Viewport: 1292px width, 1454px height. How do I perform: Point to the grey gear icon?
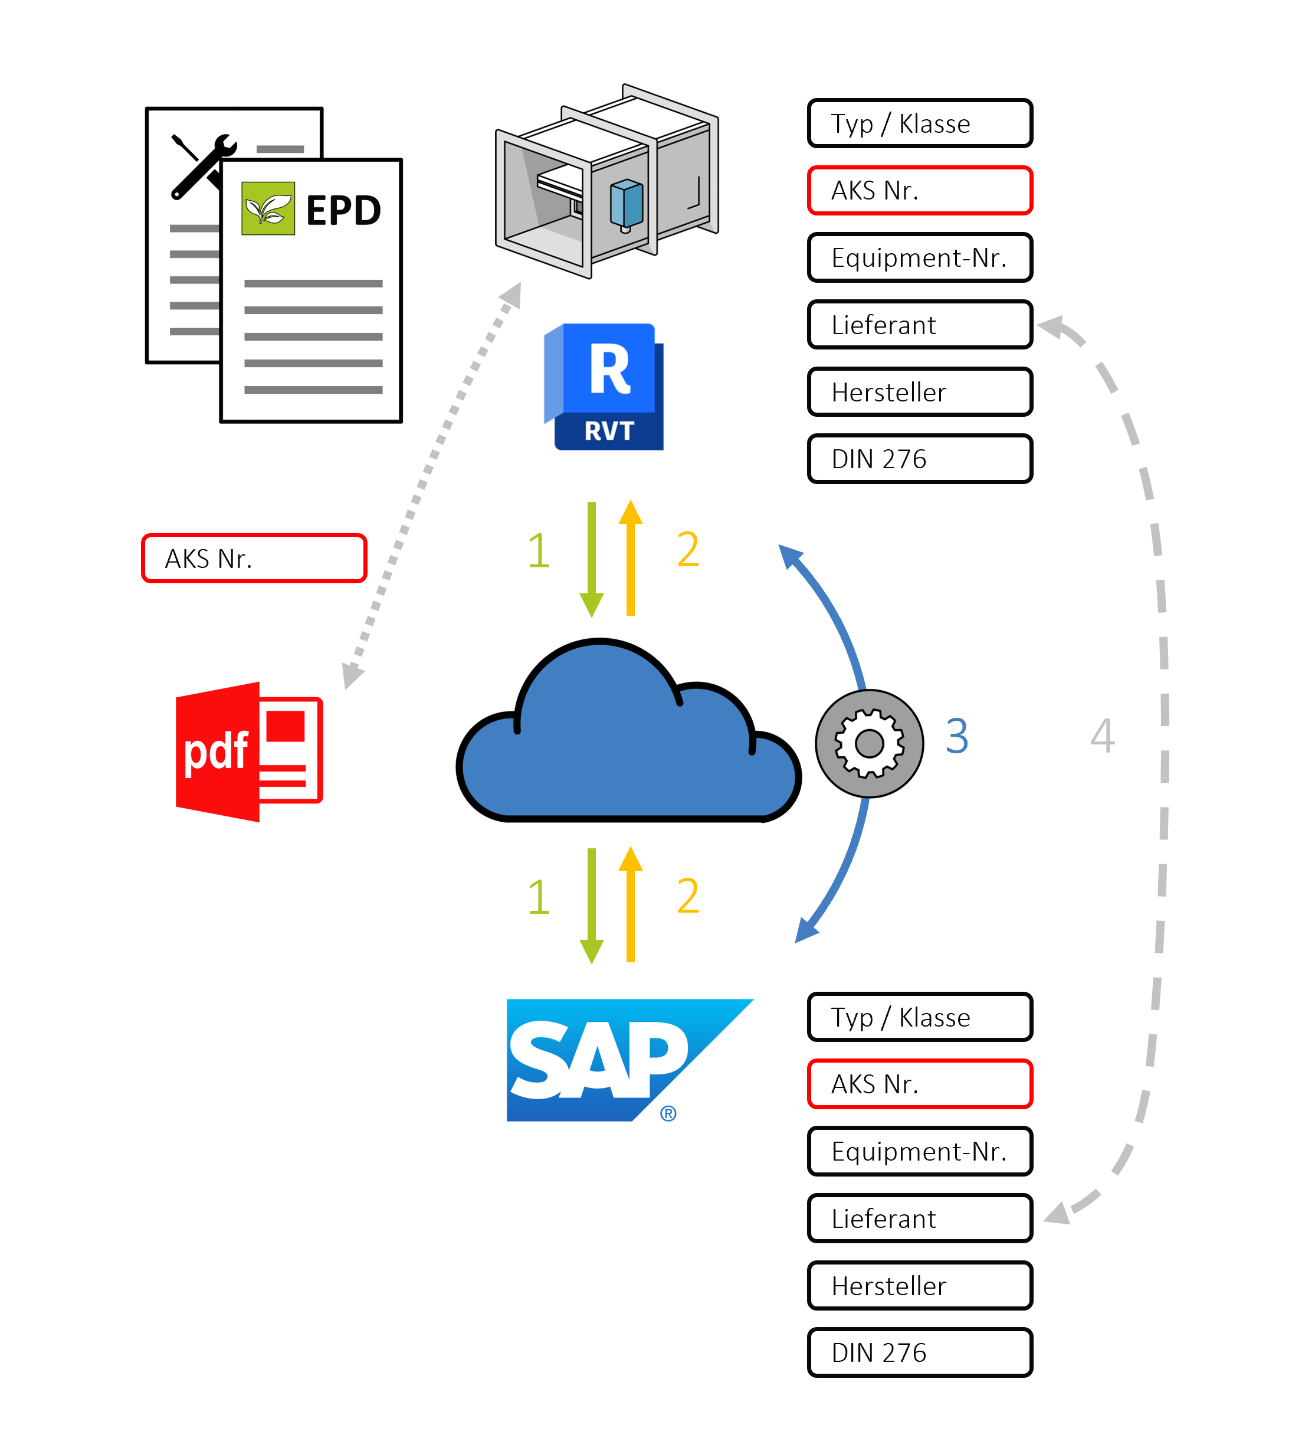tap(869, 743)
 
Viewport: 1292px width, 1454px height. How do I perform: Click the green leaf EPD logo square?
tap(268, 208)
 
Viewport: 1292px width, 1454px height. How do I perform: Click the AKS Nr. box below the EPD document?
tap(254, 558)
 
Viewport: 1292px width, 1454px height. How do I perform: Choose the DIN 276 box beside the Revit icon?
tap(919, 459)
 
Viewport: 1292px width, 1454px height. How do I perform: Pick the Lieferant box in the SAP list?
tap(919, 1218)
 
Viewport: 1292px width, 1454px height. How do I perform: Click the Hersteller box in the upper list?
tap(919, 392)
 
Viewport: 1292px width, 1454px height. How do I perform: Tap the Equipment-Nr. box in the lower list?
tap(919, 1151)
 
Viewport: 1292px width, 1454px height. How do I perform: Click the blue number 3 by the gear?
tap(956, 736)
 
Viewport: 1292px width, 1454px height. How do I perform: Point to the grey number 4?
tap(1102, 736)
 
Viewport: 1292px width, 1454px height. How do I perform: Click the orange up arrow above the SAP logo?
tap(630, 903)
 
